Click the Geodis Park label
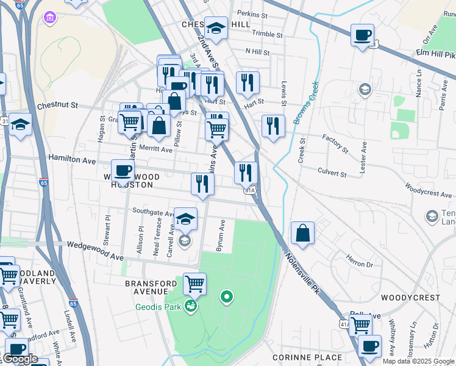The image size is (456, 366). click(x=158, y=307)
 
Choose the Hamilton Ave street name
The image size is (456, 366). click(x=73, y=160)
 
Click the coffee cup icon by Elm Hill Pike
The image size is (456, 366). click(x=363, y=35)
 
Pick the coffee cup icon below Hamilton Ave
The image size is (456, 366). click(x=123, y=171)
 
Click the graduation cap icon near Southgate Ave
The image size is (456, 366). click(x=185, y=218)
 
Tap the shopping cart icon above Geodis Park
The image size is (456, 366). click(x=194, y=283)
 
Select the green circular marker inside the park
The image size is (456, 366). click(x=227, y=297)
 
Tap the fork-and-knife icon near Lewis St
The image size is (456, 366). click(x=273, y=126)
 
